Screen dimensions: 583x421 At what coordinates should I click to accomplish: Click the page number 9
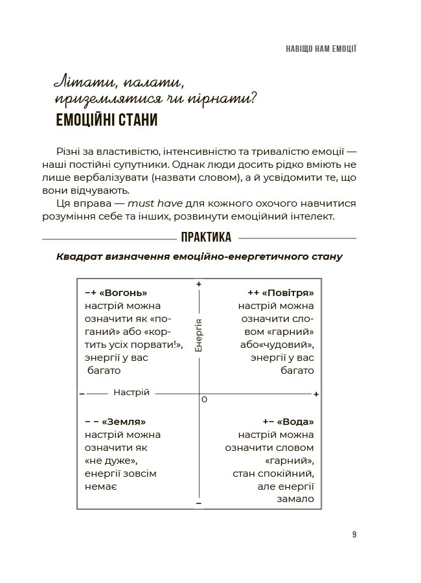pos(354,534)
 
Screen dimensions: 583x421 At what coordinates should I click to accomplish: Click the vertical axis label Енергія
pos(199,335)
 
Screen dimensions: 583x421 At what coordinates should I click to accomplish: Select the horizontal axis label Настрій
pos(131,393)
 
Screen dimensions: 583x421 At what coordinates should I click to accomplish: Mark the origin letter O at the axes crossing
pos(204,400)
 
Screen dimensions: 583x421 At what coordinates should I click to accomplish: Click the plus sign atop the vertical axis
pos(199,284)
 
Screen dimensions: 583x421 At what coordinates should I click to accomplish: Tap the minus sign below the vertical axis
pos(199,503)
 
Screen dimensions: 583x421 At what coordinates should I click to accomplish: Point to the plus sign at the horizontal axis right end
pos(316,394)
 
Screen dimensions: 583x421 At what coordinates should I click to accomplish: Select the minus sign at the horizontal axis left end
pos(82,393)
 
